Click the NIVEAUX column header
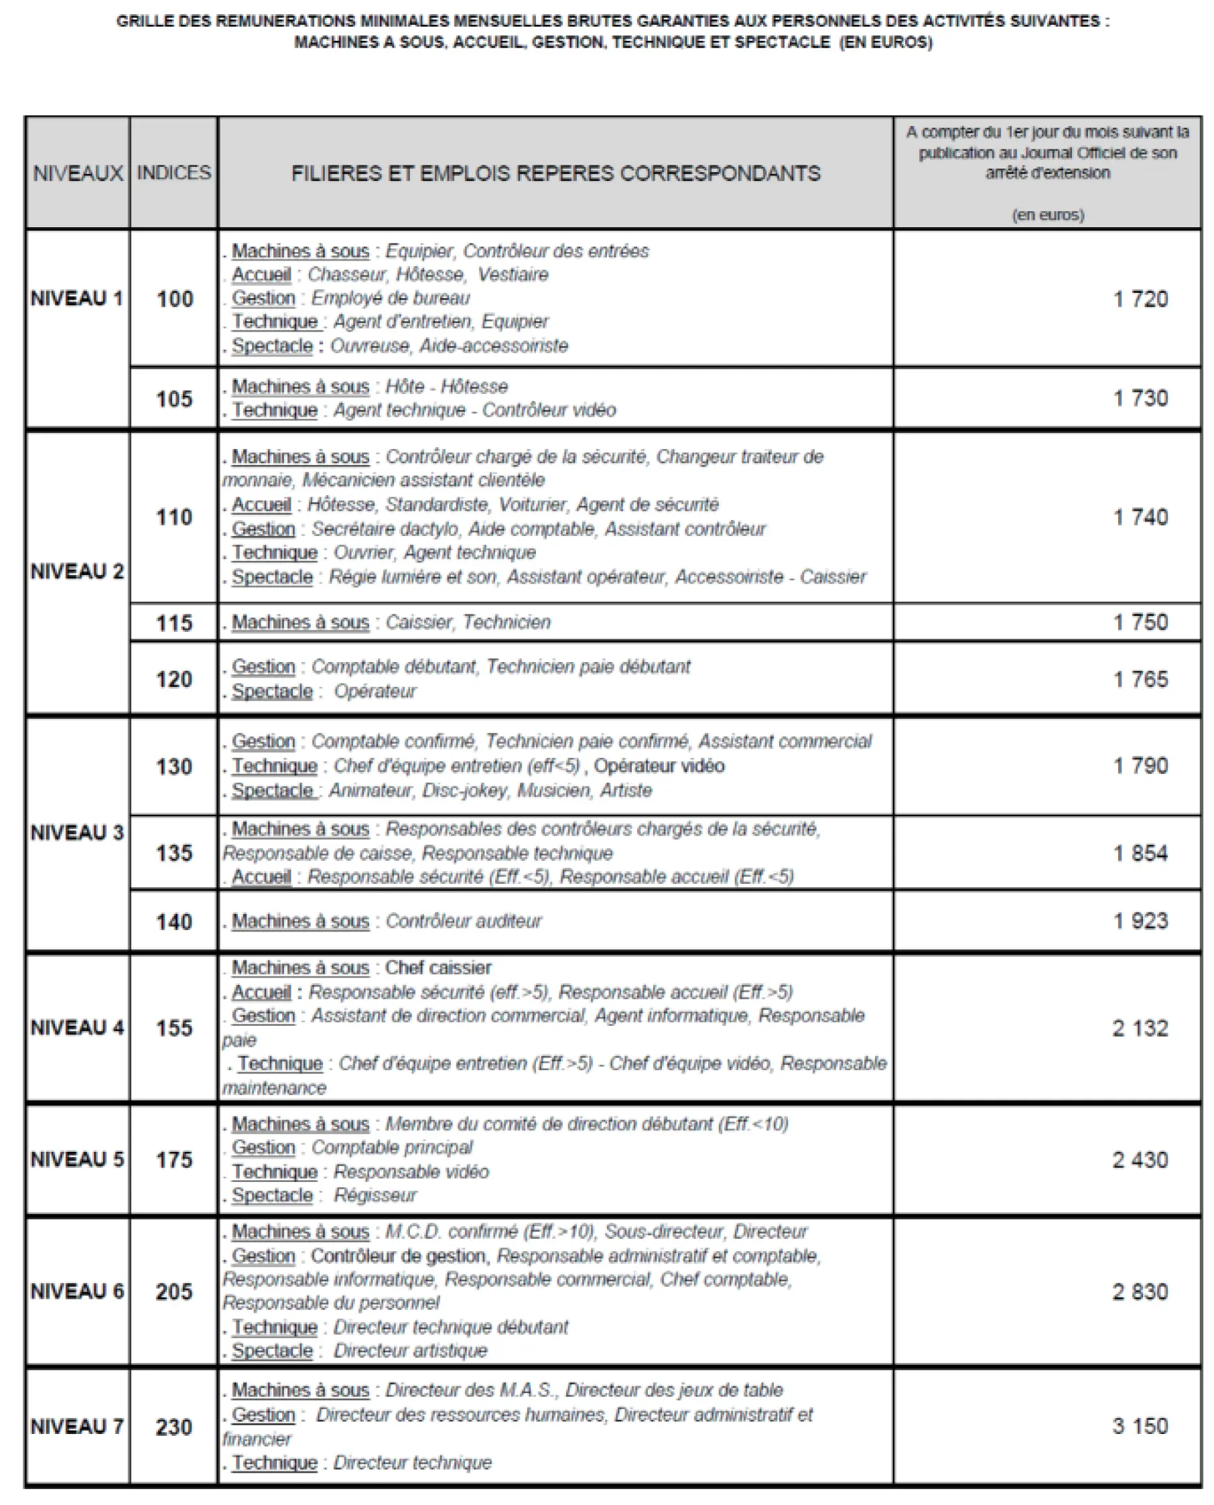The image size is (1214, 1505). pos(78,173)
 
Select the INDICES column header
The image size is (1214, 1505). pos(174,173)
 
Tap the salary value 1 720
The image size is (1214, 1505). pos(1140,300)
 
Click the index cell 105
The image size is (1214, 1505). pos(174,399)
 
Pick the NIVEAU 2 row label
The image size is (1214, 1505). pos(77,572)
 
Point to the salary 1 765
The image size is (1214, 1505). pos(1140,679)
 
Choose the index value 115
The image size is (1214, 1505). pos(174,623)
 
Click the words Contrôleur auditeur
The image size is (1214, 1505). pos(463,921)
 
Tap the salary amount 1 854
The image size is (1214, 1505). pos(1140,853)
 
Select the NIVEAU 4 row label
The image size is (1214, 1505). pos(77,1027)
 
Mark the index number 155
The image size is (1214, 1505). pos(174,1028)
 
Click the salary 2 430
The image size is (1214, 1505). pos(1140,1160)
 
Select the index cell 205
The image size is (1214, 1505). pos(174,1291)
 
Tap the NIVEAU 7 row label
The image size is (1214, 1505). pos(77,1426)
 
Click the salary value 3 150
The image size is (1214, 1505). pos(1140,1426)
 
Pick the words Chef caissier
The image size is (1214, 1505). pos(438,968)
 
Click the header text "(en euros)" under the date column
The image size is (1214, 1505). pos(1048,214)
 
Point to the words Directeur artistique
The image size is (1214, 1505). pos(410,1350)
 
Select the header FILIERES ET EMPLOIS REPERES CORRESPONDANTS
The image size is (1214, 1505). pos(555,173)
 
